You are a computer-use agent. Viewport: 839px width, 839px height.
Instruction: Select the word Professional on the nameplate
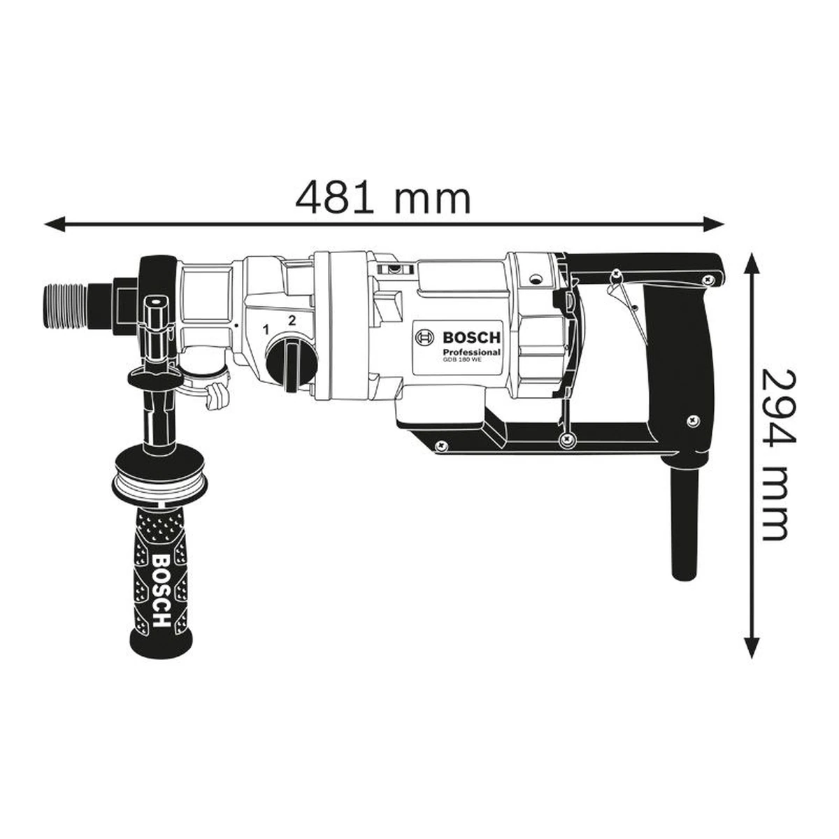click(471, 352)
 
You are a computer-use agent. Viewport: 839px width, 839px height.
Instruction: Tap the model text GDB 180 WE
click(462, 360)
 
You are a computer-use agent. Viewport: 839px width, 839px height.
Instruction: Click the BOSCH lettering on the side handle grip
click(161, 591)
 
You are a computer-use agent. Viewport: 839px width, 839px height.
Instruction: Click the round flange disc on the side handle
click(159, 475)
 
